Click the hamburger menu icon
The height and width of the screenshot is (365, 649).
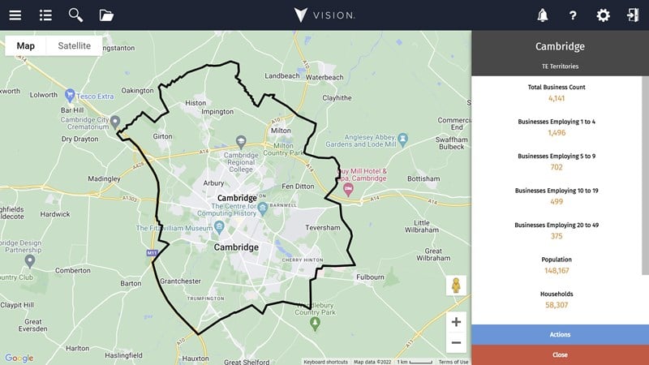point(15,15)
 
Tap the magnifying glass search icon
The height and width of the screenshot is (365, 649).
point(75,15)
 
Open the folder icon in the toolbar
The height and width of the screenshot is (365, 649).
point(106,15)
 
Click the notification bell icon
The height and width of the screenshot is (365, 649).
point(542,15)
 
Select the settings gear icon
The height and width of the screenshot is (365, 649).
point(603,15)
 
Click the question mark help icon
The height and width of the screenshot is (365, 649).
point(573,15)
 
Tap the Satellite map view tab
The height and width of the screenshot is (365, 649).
point(74,45)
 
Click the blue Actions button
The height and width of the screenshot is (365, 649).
point(560,334)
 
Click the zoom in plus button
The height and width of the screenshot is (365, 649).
point(456,322)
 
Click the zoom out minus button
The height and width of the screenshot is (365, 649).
point(456,342)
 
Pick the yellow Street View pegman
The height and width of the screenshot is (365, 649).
point(456,286)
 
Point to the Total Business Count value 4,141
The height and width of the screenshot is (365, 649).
point(557,97)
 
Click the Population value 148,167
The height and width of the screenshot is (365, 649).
point(557,270)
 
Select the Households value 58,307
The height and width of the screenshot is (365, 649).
point(557,305)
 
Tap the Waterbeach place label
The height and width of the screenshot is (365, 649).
point(325,76)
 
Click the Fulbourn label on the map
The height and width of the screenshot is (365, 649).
point(370,277)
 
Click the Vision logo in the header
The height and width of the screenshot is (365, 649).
point(324,15)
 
